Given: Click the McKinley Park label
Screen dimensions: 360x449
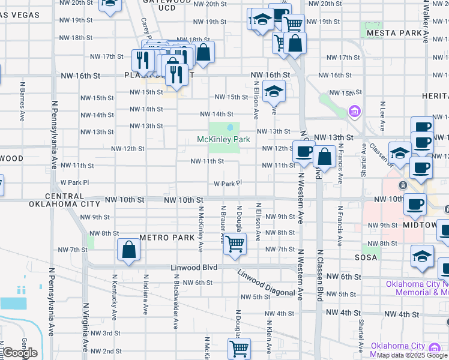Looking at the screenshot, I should (223, 140).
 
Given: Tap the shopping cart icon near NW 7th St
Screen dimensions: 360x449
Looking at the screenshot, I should (235, 244).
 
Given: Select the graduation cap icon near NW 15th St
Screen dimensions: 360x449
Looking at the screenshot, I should (274, 92).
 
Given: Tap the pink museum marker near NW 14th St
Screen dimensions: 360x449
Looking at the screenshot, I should (354, 112).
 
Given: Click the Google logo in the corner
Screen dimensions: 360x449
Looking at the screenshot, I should (19, 353).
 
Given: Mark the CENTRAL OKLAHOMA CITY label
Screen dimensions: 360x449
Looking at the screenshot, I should (55, 200).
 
